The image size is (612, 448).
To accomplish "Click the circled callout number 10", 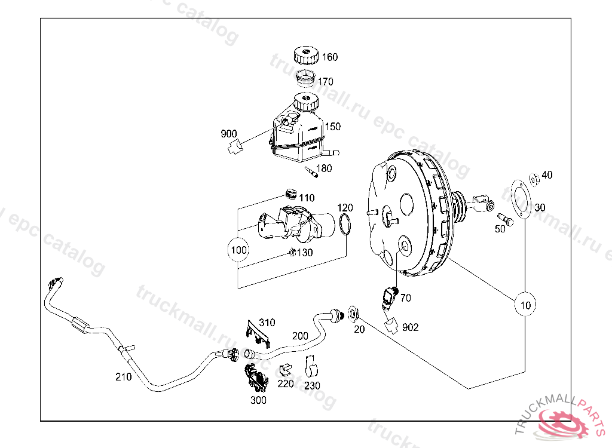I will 525,305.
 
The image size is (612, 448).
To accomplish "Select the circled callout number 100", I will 238,250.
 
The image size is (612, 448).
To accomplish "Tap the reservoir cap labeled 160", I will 306,56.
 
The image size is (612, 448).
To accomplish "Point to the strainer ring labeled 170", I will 307,78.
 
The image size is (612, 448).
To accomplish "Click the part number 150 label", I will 332,127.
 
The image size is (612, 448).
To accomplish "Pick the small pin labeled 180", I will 310,172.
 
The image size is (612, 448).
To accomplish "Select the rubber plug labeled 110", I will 290,194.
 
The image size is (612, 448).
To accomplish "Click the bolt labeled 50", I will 505,220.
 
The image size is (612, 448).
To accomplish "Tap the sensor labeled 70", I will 390,296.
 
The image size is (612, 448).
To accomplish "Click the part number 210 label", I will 124,376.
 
